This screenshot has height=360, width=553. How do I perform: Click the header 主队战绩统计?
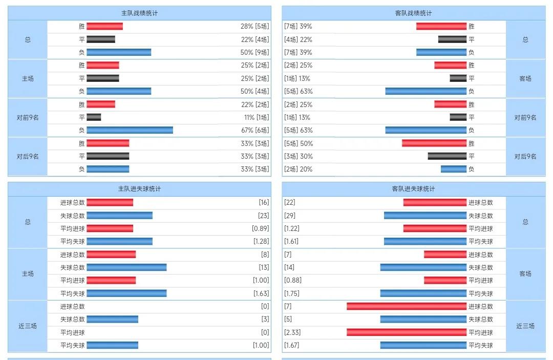coord(139,13)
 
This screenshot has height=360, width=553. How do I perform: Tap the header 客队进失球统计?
coord(414,189)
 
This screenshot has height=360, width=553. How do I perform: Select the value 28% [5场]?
coord(254,27)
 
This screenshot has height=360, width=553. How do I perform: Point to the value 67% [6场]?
coord(254,130)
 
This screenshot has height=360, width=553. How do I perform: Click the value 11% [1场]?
coord(254,117)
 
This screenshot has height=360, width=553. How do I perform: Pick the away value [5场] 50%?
coord(299,143)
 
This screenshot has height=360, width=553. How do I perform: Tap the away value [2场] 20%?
coord(299,169)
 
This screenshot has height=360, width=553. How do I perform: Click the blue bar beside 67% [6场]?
coord(130,130)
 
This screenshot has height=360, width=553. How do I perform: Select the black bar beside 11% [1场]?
coord(94,117)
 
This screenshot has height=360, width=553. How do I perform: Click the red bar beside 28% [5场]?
coord(104,27)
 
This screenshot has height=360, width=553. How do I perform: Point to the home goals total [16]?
coord(264,203)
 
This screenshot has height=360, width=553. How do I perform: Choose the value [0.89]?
coord(261,228)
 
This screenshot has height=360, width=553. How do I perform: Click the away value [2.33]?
coord(292,332)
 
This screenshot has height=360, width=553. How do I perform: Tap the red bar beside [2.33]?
coord(407,332)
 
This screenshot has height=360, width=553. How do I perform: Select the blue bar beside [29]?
coord(425,216)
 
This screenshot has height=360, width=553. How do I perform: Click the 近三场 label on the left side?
coord(28,326)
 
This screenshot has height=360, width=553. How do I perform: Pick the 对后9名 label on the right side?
coord(525,156)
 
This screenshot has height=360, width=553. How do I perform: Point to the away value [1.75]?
coord(292,293)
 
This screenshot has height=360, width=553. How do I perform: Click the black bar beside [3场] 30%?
coord(447,156)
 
